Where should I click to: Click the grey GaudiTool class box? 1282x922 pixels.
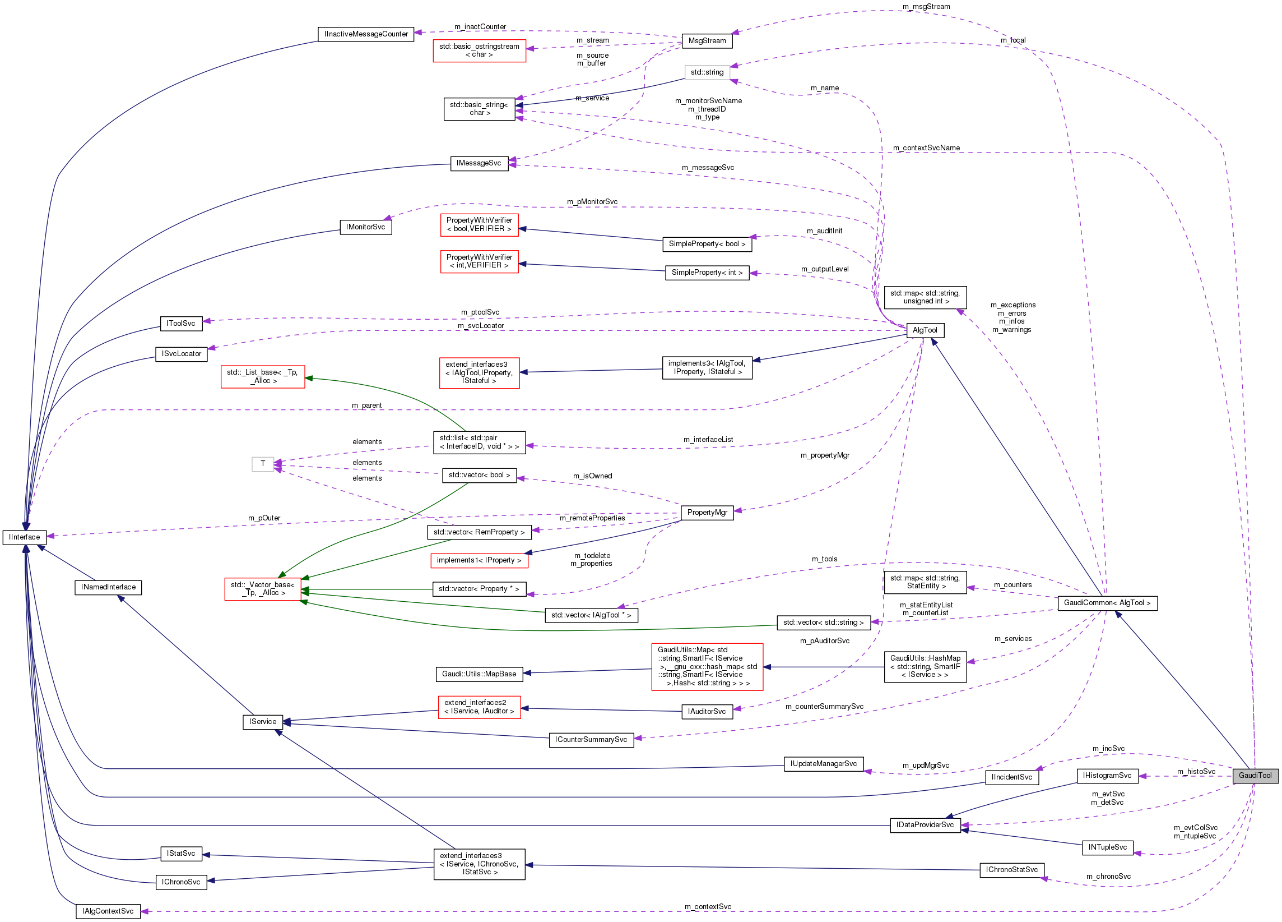pos(1255,776)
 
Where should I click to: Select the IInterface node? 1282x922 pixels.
pos(24,537)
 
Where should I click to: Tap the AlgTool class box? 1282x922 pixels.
pos(925,330)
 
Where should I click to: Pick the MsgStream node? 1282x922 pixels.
pos(707,41)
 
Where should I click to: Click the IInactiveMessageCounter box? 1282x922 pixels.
pos(366,34)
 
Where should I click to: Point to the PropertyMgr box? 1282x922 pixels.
pos(707,513)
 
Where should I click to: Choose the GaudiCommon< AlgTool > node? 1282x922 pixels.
pos(1107,603)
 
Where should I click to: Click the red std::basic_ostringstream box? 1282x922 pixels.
pos(479,50)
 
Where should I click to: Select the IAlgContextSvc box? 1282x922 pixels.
pos(108,911)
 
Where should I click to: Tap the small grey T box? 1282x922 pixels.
pos(263,464)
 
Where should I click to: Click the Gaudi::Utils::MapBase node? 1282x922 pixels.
pos(479,674)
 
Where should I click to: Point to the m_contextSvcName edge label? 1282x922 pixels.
pos(926,147)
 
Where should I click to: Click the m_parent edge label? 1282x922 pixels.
pos(366,405)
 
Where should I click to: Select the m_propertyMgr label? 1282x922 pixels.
pos(825,455)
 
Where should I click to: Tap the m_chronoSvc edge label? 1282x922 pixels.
pos(1108,877)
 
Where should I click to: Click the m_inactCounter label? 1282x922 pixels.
pos(480,26)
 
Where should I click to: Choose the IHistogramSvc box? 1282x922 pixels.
pos(1107,776)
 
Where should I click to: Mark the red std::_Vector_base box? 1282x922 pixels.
pos(263,589)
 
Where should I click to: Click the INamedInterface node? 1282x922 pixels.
pos(108,587)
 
